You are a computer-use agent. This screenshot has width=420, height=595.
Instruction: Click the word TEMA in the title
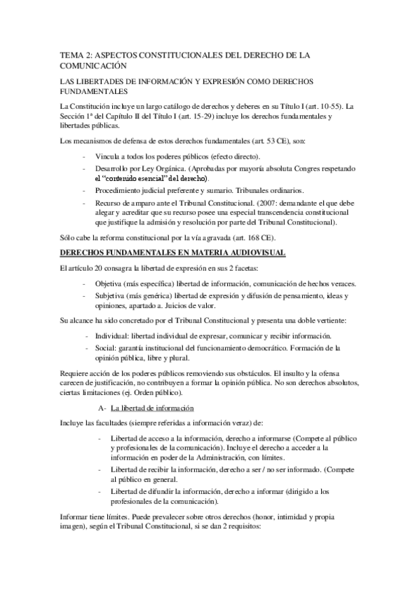(71, 53)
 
